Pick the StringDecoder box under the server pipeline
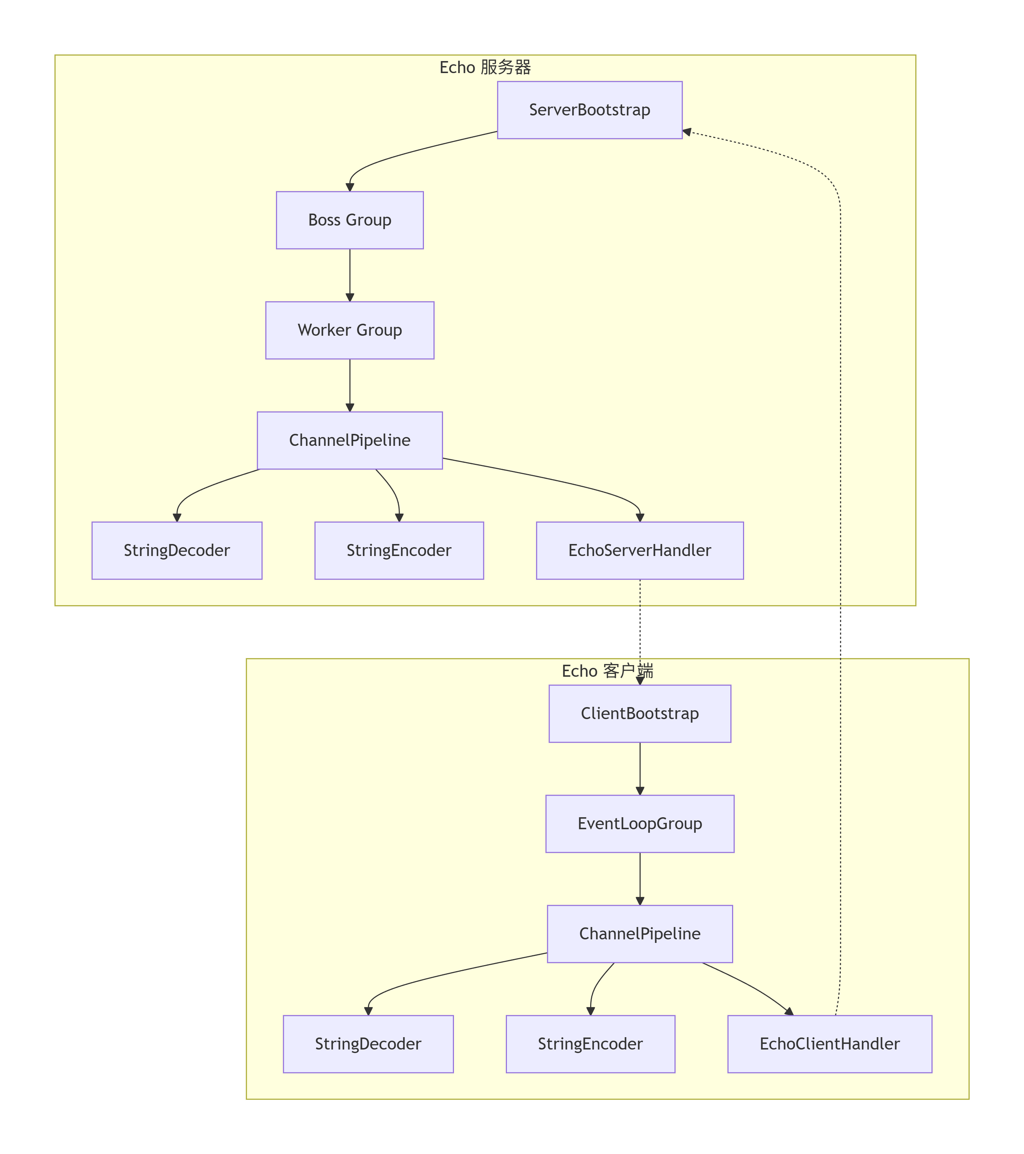tap(177, 550)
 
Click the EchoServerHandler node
tap(640, 550)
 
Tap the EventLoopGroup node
tap(640, 823)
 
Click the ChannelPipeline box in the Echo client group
tap(640, 933)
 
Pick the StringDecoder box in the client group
tap(368, 1044)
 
